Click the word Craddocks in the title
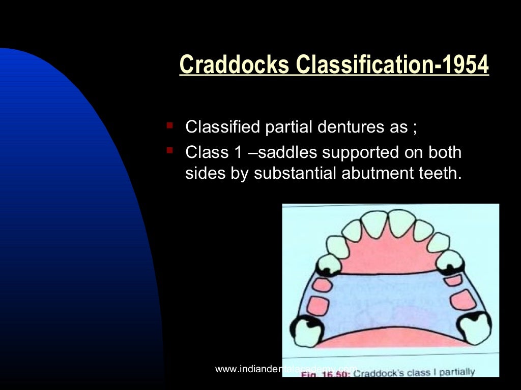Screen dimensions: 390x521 pyautogui.click(x=235, y=65)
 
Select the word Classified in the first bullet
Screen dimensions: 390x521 pyautogui.click(x=223, y=126)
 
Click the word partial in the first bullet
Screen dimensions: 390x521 pyautogui.click(x=284, y=126)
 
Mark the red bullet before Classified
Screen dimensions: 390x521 pyautogui.click(x=170, y=123)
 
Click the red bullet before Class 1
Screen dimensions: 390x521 pyautogui.click(x=170, y=149)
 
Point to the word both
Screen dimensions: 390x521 pyautogui.click(x=443, y=152)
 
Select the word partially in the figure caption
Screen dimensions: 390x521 pyautogui.click(x=456, y=372)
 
